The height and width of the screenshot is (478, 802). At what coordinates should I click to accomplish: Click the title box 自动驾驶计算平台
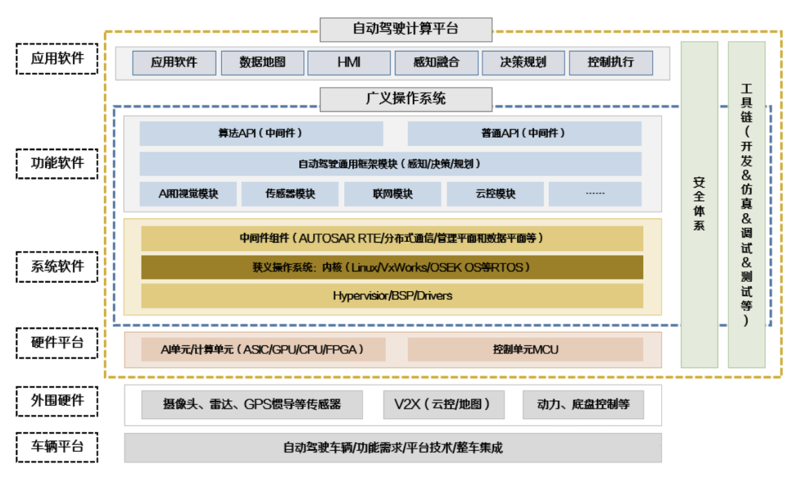point(406,30)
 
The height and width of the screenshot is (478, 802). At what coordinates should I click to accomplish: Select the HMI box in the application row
point(348,62)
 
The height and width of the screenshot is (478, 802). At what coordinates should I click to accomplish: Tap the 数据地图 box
point(262,62)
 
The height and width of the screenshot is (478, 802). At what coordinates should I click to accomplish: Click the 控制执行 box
point(610,62)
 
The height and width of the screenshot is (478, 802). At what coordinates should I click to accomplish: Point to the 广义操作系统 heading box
point(406,99)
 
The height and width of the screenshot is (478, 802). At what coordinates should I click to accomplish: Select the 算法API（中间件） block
point(261,134)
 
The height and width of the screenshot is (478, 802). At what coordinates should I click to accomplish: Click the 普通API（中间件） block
point(524,134)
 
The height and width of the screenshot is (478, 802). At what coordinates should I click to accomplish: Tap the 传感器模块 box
point(290,194)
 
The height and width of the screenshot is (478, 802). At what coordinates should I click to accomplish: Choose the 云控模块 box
point(495,194)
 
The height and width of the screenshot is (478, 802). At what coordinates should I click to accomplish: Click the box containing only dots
point(595,194)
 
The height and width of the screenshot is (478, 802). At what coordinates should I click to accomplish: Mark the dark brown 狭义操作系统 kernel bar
point(391,267)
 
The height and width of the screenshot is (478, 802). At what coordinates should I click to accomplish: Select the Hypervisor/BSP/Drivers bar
point(391,295)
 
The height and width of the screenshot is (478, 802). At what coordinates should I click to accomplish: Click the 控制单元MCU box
point(525,350)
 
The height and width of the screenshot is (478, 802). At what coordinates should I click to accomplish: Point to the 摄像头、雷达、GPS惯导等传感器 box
point(252,405)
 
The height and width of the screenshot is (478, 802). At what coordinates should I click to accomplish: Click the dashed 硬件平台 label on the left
point(57,343)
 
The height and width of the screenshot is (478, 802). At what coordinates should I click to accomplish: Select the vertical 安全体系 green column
point(699,204)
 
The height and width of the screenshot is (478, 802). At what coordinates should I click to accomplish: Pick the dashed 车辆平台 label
point(57,447)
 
